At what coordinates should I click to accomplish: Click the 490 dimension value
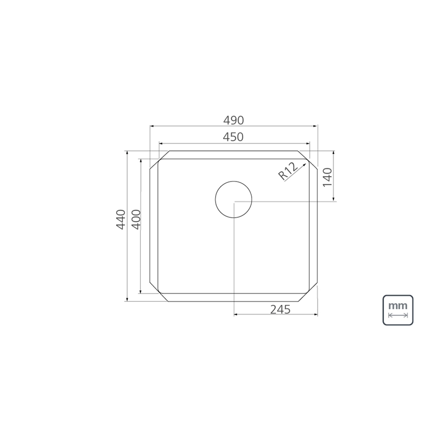pyautogui.click(x=234, y=120)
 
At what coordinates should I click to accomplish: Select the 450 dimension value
pyautogui.click(x=233, y=137)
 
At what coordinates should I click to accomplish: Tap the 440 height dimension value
pyautogui.click(x=121, y=219)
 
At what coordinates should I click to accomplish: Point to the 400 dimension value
pyautogui.click(x=137, y=219)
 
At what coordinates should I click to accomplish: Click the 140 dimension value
pyautogui.click(x=328, y=177)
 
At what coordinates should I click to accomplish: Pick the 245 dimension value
pyautogui.click(x=281, y=310)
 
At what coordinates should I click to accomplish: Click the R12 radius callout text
pyautogui.click(x=288, y=171)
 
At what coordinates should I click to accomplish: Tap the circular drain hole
pyautogui.click(x=234, y=199)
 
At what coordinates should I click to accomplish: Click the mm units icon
pyautogui.click(x=398, y=310)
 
